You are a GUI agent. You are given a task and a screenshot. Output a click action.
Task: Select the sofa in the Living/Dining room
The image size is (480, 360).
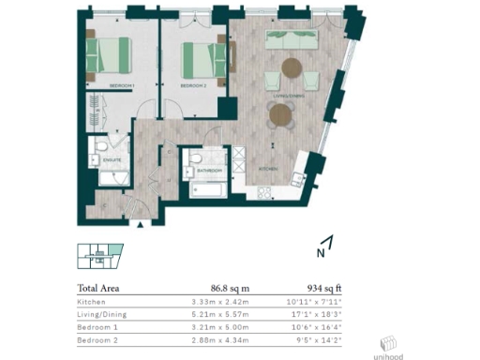click(x=292, y=41)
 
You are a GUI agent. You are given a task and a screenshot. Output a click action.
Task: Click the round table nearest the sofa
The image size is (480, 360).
click(x=292, y=68)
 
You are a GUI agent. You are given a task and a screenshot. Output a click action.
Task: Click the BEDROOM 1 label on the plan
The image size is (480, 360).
click(x=122, y=85)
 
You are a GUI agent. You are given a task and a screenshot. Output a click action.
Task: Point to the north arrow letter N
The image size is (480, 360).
click(x=320, y=252)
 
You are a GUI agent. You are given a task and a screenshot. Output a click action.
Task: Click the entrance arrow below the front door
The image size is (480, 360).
click(x=140, y=225)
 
